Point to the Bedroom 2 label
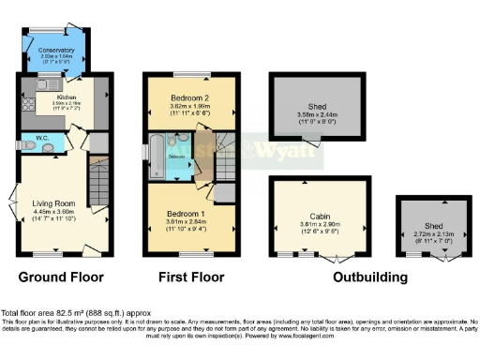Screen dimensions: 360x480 pos(187,97)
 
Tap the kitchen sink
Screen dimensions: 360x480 pos(44,85)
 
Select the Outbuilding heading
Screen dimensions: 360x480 pos(362,277)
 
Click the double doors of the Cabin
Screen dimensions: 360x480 pos(336,256)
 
